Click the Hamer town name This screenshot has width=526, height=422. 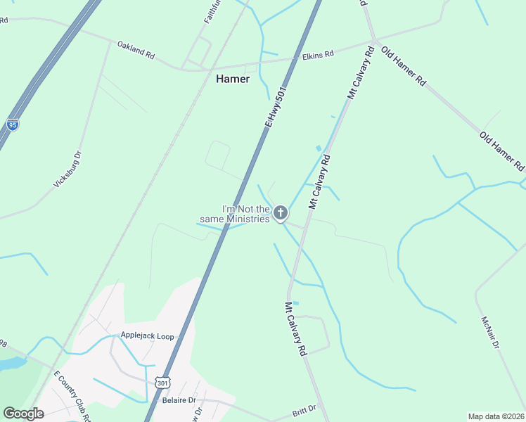232,79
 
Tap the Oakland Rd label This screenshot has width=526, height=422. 136,50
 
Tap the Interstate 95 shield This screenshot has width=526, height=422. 13,124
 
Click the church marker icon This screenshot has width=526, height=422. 280,212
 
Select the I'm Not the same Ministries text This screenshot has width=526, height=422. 246,214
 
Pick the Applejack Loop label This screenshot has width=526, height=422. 147,336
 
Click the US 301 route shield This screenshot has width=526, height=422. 162,383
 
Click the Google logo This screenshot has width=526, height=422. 23,414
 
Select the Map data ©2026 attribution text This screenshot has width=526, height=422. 495,416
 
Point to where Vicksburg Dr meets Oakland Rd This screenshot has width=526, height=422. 108,42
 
